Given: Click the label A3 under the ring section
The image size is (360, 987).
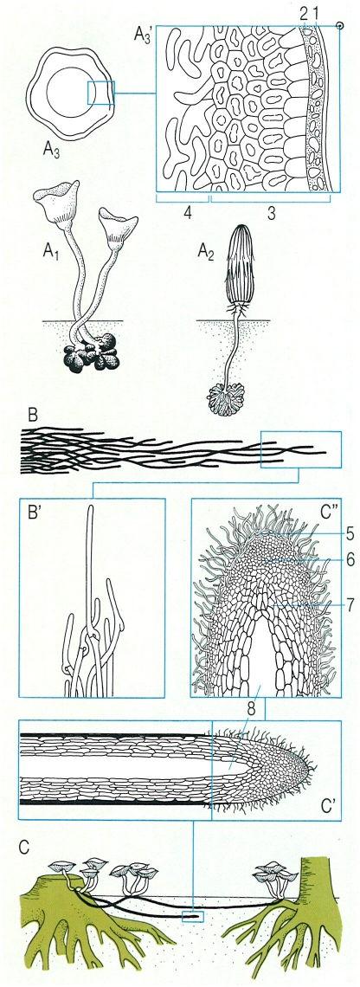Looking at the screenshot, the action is point(52,150).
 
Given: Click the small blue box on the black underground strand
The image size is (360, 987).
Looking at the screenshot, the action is point(193,917).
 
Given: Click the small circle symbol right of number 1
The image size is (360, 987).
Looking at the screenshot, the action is point(340,26).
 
